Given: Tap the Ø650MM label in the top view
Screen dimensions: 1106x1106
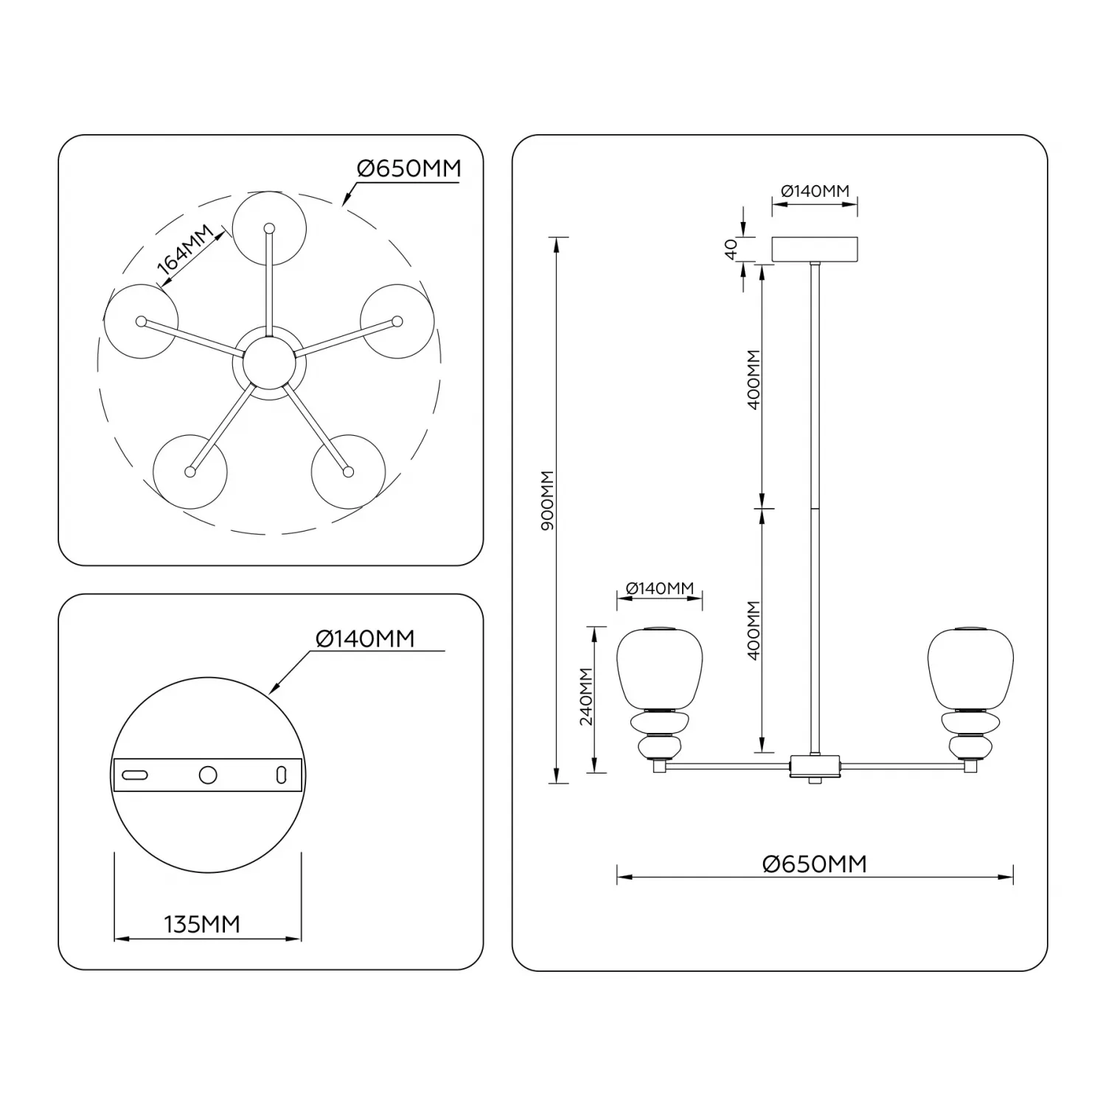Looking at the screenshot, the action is tap(409, 169).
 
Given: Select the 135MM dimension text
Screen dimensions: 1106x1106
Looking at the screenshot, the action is tap(202, 924).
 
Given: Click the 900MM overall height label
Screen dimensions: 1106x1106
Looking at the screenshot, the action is tap(547, 502).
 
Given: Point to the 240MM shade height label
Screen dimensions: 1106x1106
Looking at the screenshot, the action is tap(586, 697).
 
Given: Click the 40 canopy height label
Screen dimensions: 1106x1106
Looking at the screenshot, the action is tap(731, 249).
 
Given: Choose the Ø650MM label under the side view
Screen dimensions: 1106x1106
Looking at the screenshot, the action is tap(815, 863).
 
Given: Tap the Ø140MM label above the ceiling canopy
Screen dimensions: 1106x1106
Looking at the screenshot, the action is tap(815, 191).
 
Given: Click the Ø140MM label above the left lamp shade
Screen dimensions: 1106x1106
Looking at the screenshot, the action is tap(660, 588).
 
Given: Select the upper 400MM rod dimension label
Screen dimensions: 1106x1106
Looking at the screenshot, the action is tap(753, 380).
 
